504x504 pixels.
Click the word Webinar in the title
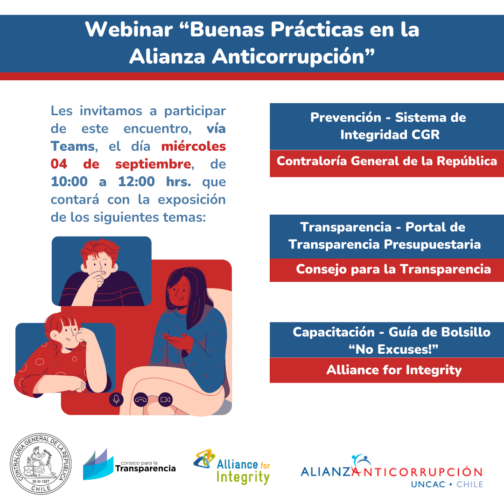[129, 29]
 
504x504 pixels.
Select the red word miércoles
[194, 147]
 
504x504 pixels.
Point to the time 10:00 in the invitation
[69, 182]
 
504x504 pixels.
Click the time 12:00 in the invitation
[136, 182]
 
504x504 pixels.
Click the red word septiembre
[154, 164]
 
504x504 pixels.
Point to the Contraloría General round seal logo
[41, 463]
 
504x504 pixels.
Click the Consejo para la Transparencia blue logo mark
[98, 465]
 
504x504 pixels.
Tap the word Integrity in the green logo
[243, 477]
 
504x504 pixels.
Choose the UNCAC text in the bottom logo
[428, 484]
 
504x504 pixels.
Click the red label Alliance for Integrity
[394, 370]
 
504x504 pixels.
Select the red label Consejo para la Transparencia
[393, 269]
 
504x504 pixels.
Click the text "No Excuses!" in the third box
[394, 350]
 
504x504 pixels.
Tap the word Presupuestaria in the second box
[432, 245]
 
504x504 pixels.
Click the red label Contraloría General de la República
[387, 161]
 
